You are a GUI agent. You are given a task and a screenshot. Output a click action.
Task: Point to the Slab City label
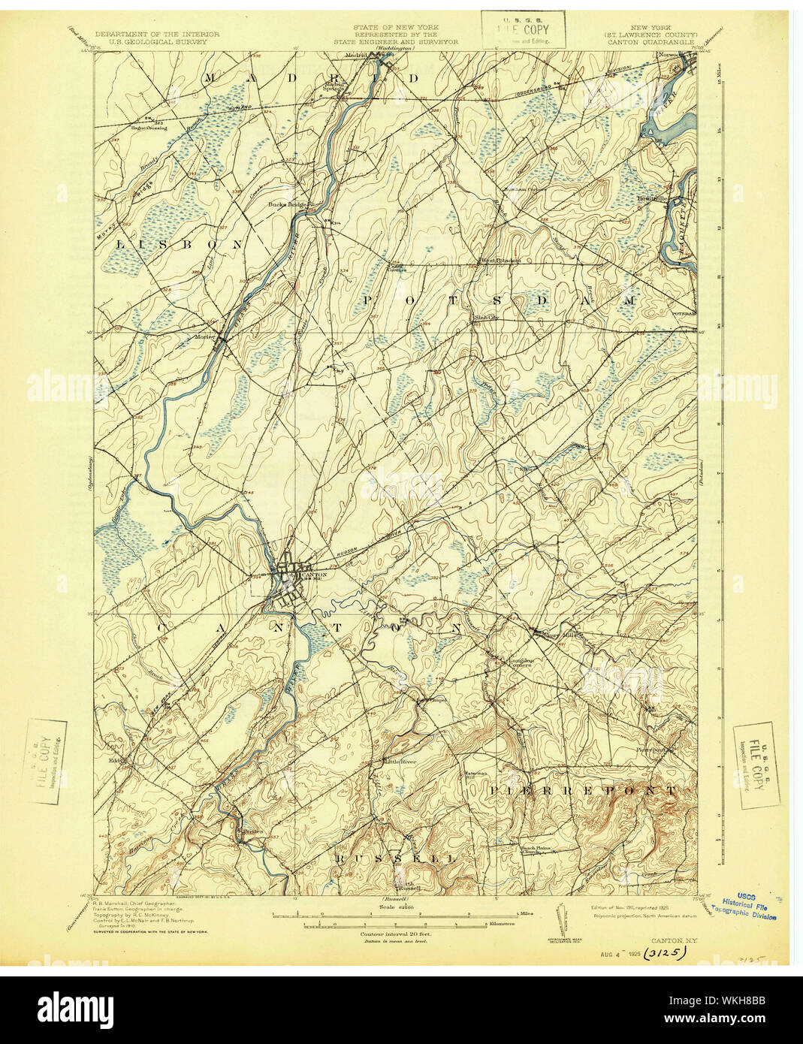pos(487,318)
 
